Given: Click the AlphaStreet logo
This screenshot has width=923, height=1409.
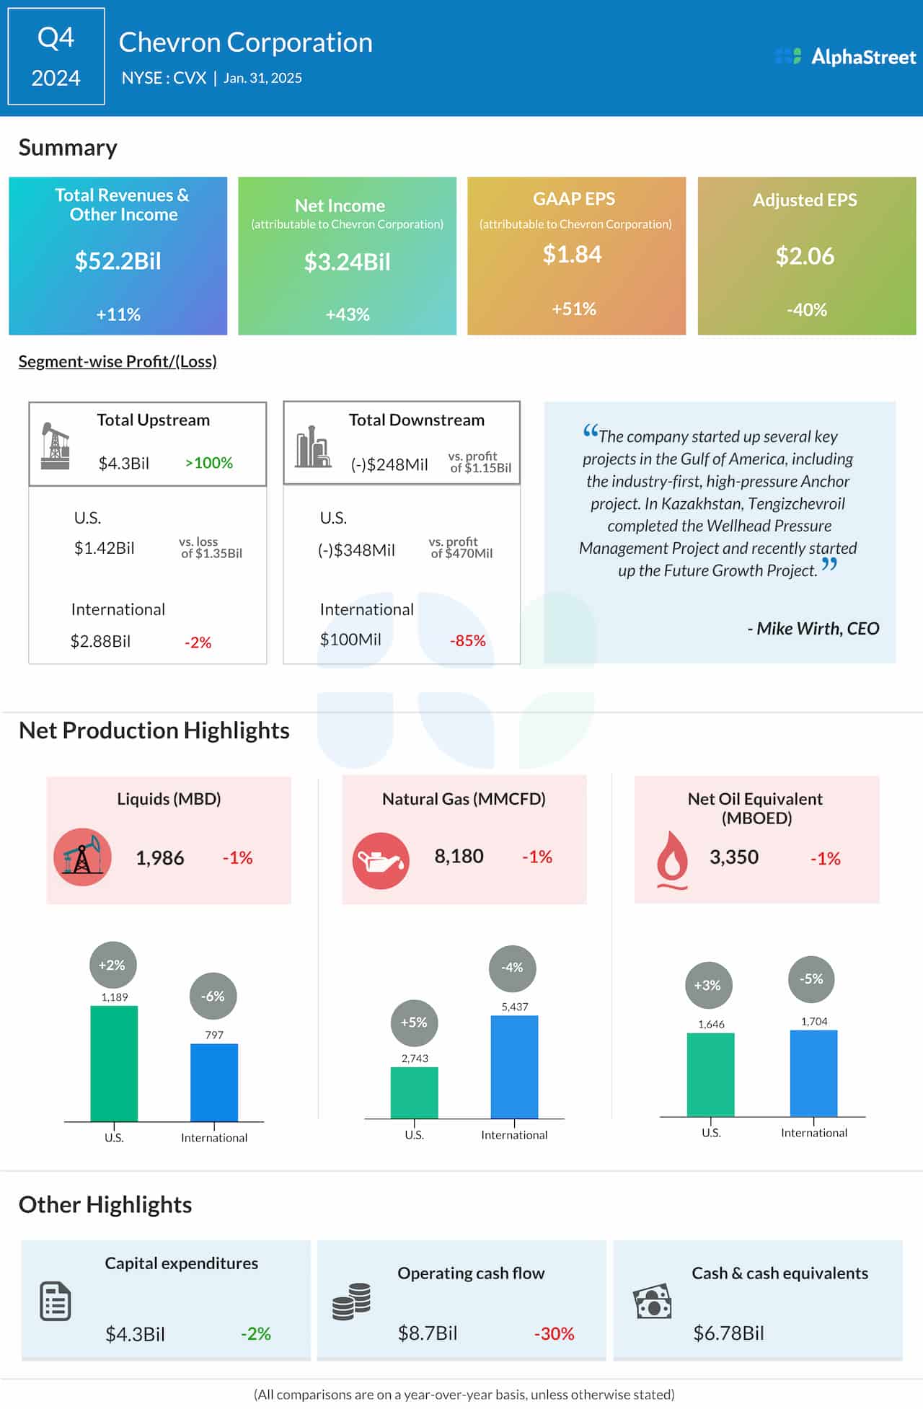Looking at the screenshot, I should pyautogui.click(x=845, y=56).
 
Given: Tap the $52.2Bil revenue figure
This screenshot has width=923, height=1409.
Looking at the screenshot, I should pyautogui.click(x=118, y=261).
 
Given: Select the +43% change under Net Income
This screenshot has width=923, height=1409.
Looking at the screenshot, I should pyautogui.click(x=348, y=314).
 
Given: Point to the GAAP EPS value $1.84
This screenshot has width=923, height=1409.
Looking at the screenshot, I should pyautogui.click(x=572, y=255).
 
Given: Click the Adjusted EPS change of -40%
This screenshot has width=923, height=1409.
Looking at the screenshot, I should pyautogui.click(x=806, y=310).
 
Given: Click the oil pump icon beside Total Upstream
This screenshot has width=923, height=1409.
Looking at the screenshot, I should pyautogui.click(x=55, y=446).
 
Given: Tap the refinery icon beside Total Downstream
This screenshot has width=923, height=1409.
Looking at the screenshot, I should pyautogui.click(x=313, y=447).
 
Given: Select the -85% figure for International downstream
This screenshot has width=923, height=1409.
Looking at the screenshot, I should pyautogui.click(x=467, y=640).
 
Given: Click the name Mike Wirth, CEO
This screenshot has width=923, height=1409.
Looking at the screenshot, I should pyautogui.click(x=813, y=629).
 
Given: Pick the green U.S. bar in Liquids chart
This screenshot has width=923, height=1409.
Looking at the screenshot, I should pyautogui.click(x=114, y=1063).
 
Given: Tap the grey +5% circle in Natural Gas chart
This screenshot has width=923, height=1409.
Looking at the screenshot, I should pyautogui.click(x=414, y=1022).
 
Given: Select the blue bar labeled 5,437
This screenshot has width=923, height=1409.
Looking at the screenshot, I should pyautogui.click(x=514, y=1066).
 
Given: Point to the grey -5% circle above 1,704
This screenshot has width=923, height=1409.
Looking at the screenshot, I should pyautogui.click(x=811, y=979).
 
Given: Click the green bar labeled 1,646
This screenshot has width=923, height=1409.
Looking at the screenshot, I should pyautogui.click(x=710, y=1074).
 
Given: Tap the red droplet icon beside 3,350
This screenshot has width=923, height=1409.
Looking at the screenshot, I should pyautogui.click(x=671, y=859).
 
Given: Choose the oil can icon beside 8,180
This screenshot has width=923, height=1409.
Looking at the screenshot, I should pyautogui.click(x=381, y=860).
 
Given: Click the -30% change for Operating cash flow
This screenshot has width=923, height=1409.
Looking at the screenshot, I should pyautogui.click(x=554, y=1334).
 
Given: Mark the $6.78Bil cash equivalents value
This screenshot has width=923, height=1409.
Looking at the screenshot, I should pyautogui.click(x=728, y=1333).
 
